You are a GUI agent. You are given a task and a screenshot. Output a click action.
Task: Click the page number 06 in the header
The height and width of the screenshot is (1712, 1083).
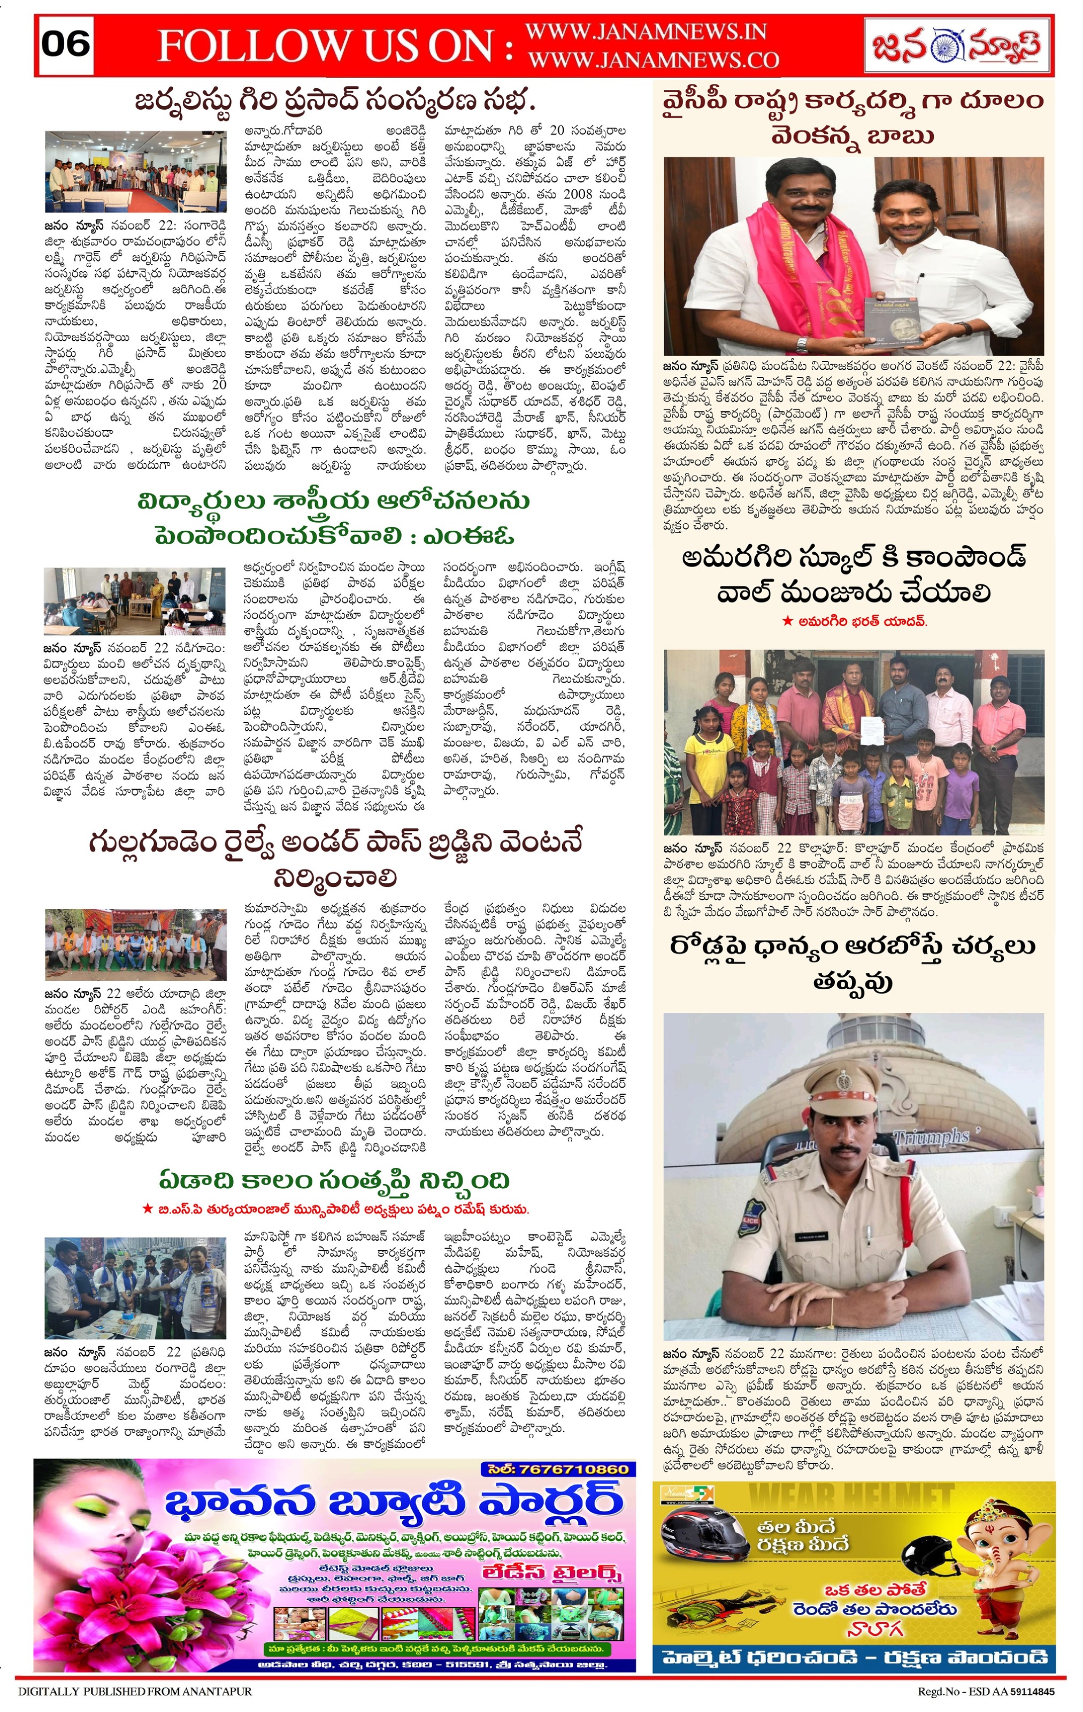point(65,44)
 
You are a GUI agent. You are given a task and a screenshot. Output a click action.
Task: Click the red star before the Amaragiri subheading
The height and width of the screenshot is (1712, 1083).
point(787,621)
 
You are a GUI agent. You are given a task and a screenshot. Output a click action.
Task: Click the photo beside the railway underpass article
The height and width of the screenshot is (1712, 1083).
point(135,944)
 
